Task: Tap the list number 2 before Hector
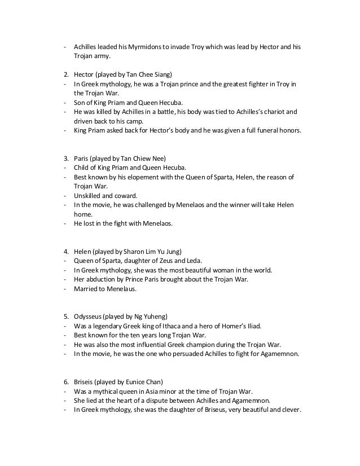pos(65,74)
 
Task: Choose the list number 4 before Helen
pos(65,251)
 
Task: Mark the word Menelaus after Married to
pos(119,289)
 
